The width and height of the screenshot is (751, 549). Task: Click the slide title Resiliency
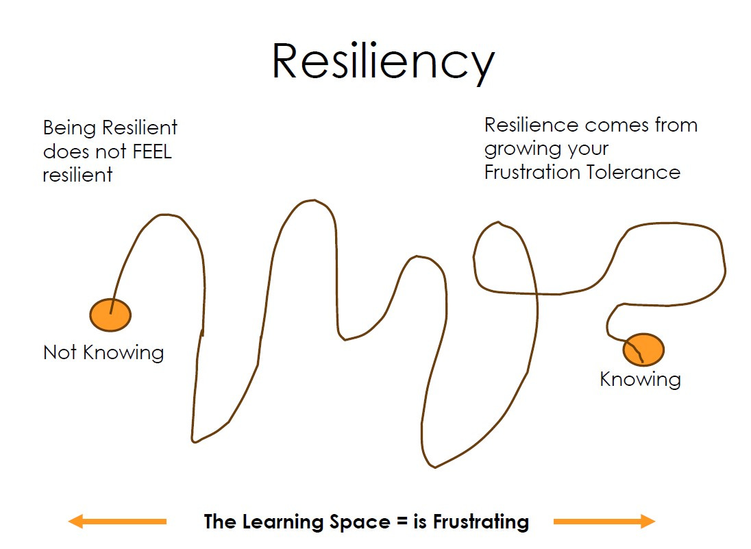(x=382, y=61)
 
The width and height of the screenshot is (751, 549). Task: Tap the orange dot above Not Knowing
(x=110, y=315)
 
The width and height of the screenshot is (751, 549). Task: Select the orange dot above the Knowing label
(x=643, y=350)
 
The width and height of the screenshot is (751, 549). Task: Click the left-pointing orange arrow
(x=117, y=522)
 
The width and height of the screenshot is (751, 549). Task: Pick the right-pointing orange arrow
(x=604, y=522)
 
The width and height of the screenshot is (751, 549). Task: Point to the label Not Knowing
(x=103, y=353)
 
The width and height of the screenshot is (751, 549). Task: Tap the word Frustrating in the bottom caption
(x=480, y=522)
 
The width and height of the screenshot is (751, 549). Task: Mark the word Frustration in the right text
(x=532, y=172)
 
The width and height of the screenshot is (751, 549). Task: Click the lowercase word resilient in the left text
(x=77, y=175)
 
